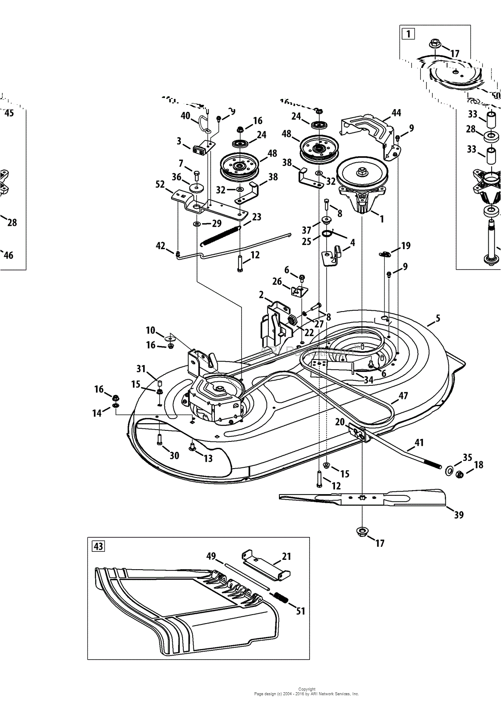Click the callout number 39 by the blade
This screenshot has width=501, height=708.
459,515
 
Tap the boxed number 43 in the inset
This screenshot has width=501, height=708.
98,546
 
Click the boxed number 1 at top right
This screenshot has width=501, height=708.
408,33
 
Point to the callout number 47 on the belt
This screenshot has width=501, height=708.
403,396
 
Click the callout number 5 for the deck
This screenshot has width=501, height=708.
438,318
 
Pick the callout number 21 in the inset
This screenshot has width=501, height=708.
287,556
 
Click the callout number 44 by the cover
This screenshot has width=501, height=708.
396,112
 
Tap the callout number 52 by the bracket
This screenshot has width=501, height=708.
160,185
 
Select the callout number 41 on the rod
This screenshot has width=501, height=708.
419,443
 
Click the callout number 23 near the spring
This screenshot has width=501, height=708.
256,217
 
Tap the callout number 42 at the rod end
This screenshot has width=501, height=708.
160,246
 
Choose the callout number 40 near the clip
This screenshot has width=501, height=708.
185,115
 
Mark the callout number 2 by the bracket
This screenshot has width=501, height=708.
261,295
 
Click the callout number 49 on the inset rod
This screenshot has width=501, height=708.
211,556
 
